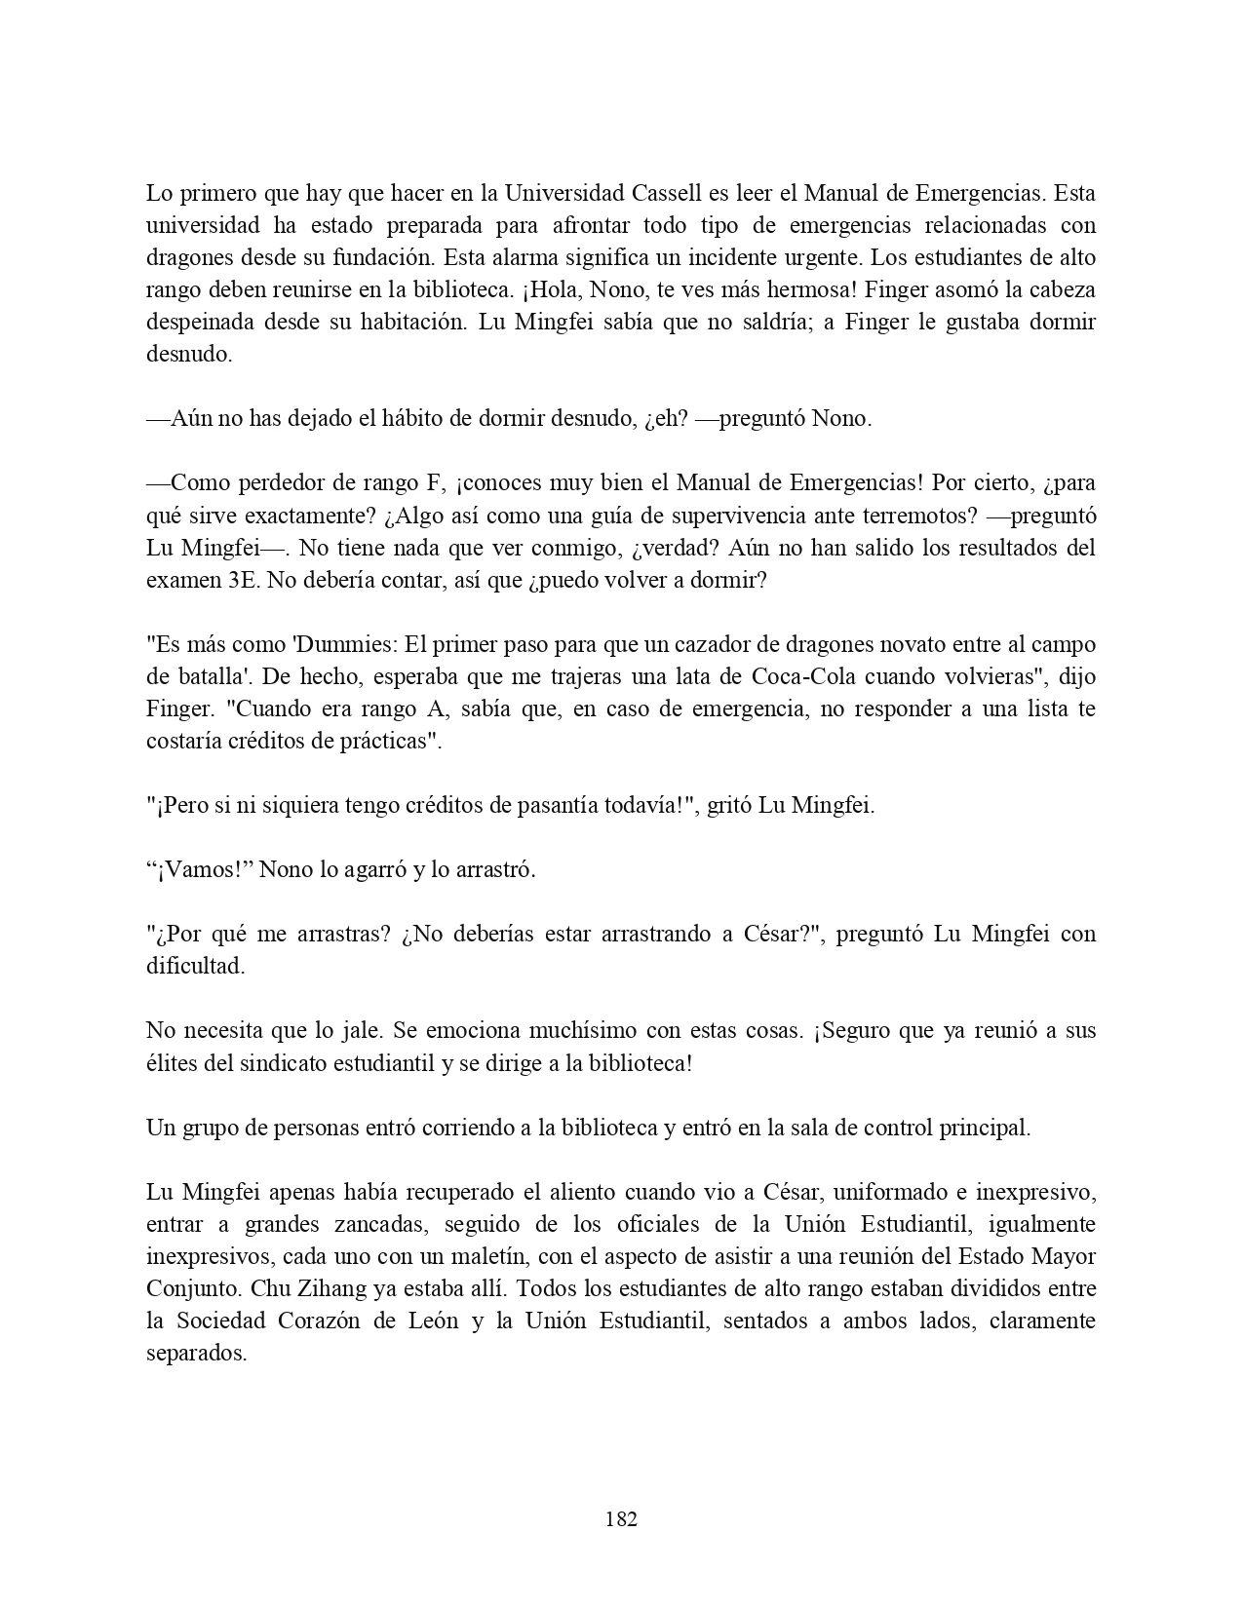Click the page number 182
pyautogui.click(x=621, y=1518)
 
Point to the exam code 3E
pyautogui.click(x=231, y=580)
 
